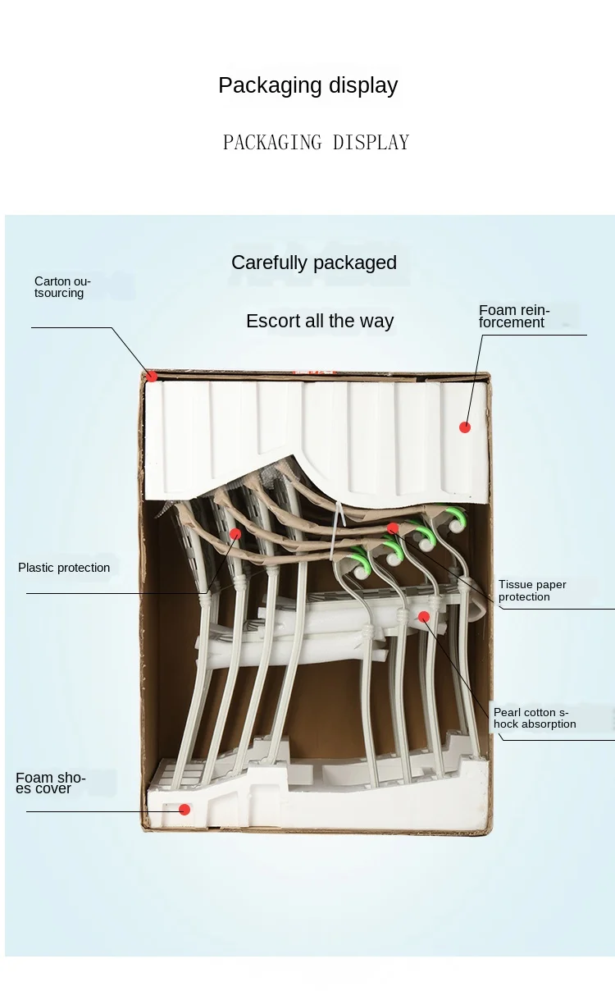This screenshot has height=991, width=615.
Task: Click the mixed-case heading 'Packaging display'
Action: click(307, 85)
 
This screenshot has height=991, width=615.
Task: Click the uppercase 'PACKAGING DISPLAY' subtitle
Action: click(316, 143)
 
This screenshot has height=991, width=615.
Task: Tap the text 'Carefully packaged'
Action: click(314, 263)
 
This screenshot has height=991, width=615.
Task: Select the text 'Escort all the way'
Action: click(320, 321)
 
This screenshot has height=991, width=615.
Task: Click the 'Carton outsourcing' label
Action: click(62, 287)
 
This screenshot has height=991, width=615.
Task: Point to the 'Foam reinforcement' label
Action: click(514, 316)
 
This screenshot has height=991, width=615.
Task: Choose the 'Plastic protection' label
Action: click(64, 568)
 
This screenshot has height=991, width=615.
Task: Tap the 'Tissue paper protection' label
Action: click(532, 591)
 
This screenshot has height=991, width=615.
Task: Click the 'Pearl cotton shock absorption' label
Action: click(535, 718)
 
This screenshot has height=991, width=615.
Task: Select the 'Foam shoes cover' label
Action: click(51, 783)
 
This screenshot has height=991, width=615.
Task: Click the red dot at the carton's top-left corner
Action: click(152, 377)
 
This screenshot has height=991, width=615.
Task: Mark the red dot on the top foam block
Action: click(465, 427)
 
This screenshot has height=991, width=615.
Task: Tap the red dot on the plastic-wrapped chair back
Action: click(235, 533)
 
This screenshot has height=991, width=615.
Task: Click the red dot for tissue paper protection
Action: click(393, 528)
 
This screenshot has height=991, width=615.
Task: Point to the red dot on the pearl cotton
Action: click(424, 616)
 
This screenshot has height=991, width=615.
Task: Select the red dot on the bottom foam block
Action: click(184, 810)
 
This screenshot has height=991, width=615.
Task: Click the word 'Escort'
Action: click(273, 321)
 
